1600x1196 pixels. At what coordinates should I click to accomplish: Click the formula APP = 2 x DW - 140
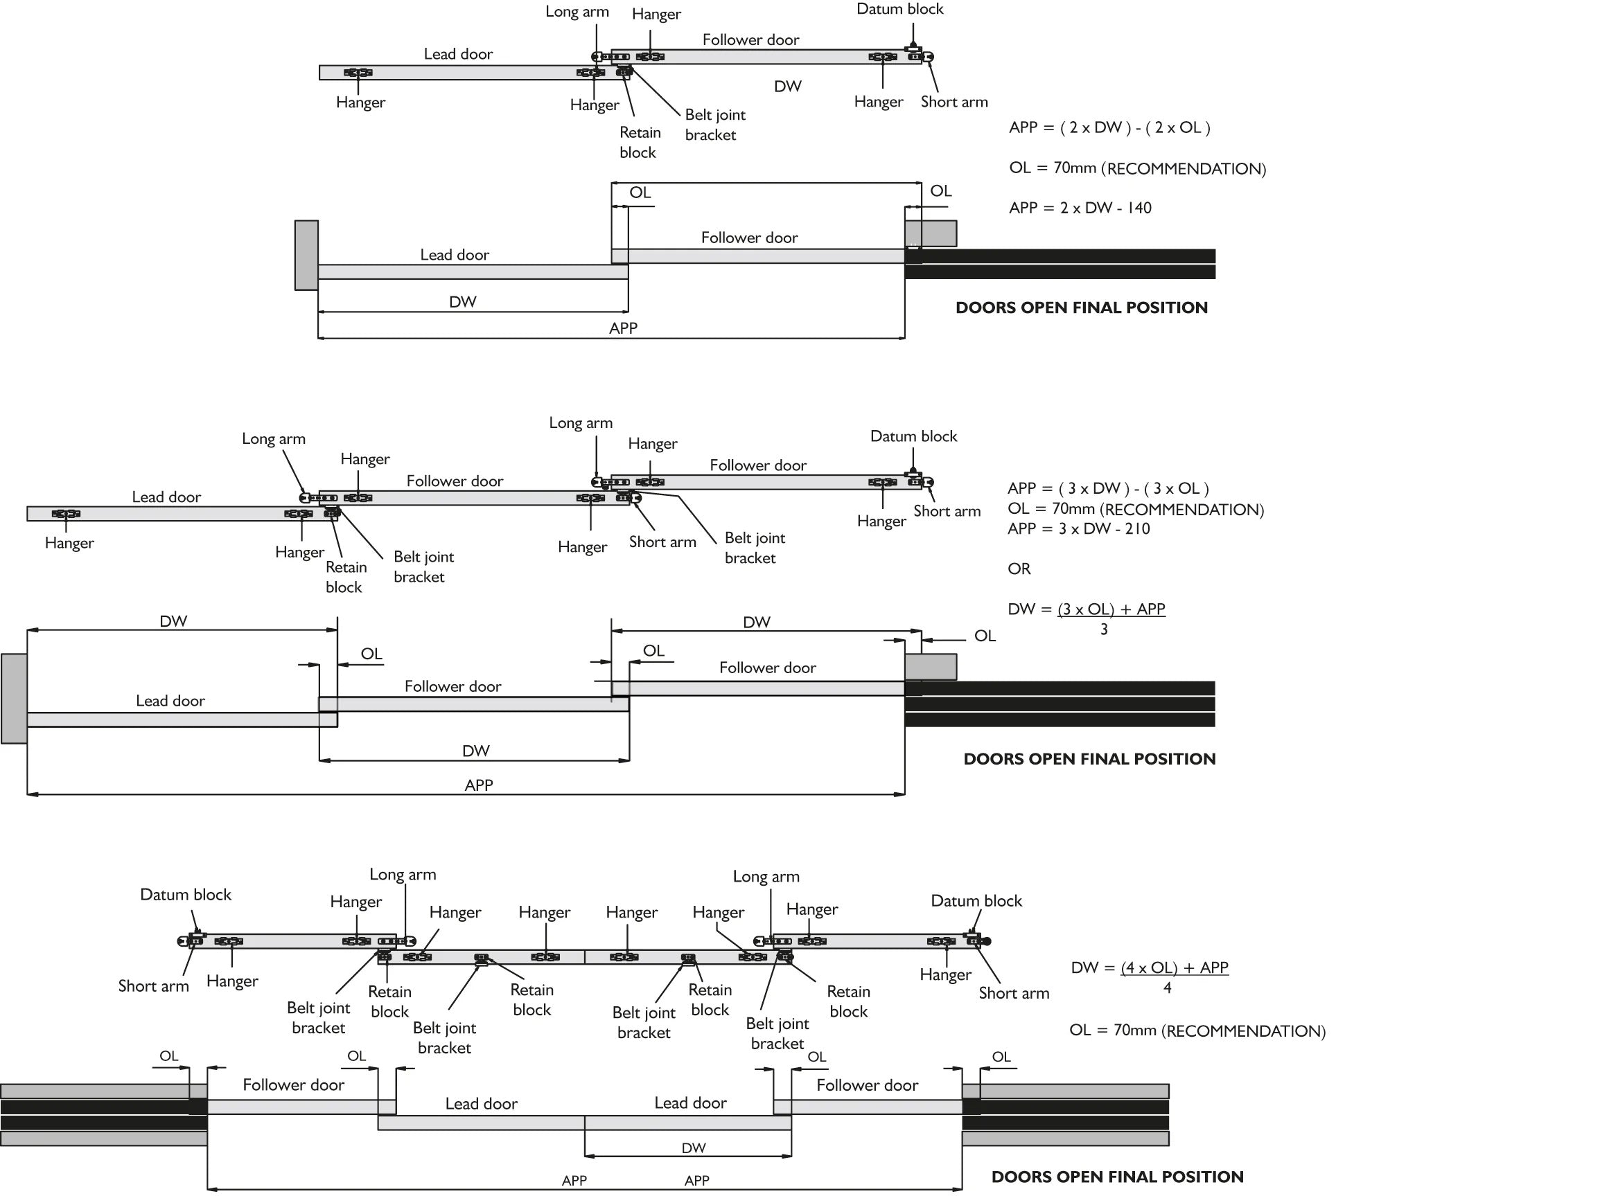[1080, 208]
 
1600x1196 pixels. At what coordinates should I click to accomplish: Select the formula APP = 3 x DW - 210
[1078, 528]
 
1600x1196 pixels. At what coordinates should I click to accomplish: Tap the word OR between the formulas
[1019, 569]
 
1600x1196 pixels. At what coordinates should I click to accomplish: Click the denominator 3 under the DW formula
[1104, 630]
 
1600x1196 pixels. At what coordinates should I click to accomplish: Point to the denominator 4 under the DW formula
[1167, 988]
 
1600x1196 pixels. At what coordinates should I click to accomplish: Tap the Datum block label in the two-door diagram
[900, 10]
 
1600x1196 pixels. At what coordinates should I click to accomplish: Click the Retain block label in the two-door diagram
[640, 143]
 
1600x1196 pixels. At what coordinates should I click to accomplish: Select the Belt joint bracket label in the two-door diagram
[714, 125]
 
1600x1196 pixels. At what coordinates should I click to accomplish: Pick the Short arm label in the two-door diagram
[954, 102]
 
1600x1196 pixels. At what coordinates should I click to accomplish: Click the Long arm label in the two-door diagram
[577, 12]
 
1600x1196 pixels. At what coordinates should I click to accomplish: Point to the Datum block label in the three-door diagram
[913, 436]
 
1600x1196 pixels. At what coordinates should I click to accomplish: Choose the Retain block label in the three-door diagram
[346, 577]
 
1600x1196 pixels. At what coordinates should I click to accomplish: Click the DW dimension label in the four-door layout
[694, 1148]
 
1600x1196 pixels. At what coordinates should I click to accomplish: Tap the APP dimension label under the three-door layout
[479, 785]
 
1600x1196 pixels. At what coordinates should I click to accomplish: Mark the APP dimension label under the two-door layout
[623, 328]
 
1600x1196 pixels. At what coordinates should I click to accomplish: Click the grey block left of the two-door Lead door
[307, 256]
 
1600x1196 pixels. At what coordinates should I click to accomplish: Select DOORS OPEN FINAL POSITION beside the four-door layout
[1118, 1177]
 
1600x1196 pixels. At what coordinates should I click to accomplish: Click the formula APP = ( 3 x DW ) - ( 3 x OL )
[1108, 489]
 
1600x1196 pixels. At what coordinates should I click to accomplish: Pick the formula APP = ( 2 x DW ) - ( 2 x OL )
[1109, 128]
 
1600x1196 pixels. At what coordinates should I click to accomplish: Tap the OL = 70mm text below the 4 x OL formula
[1197, 1030]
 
